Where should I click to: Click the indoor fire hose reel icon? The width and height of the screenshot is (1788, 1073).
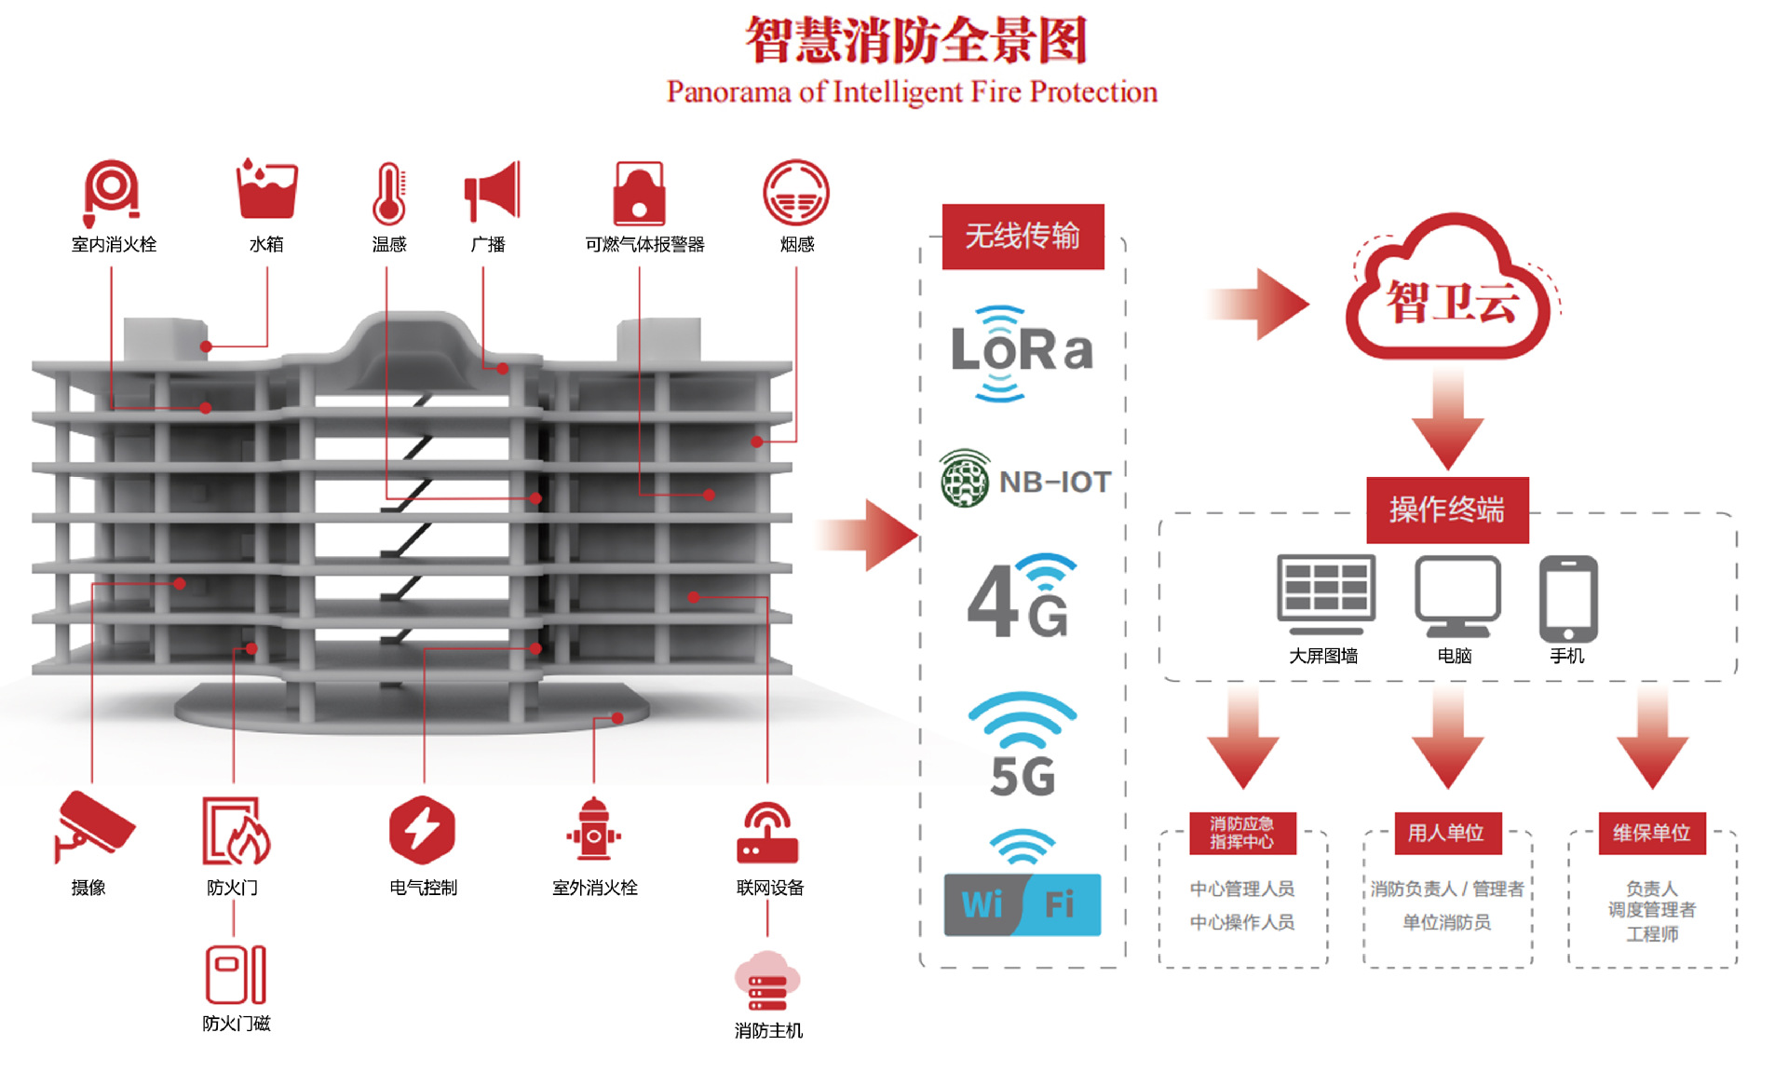111,191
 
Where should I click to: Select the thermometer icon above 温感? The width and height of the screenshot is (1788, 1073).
389,194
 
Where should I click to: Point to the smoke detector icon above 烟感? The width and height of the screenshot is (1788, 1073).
795,193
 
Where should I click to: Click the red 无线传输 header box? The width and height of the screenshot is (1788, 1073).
1023,237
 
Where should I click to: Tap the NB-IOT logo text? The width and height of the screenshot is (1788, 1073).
1054,482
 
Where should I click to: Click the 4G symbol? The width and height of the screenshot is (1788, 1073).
1022,598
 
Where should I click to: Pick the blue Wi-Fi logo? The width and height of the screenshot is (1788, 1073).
1022,903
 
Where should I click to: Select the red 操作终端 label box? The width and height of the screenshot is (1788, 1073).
1446,509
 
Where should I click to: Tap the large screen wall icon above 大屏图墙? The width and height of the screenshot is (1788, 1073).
1325,594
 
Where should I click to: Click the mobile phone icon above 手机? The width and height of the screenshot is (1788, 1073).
1568,597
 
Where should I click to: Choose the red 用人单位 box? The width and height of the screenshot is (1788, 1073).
1446,833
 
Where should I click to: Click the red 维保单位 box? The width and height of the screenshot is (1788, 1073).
1651,833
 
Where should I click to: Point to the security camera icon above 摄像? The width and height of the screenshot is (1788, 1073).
93,824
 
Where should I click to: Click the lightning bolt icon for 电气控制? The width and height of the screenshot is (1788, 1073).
422,828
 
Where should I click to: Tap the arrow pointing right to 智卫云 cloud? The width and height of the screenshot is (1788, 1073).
1259,304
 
